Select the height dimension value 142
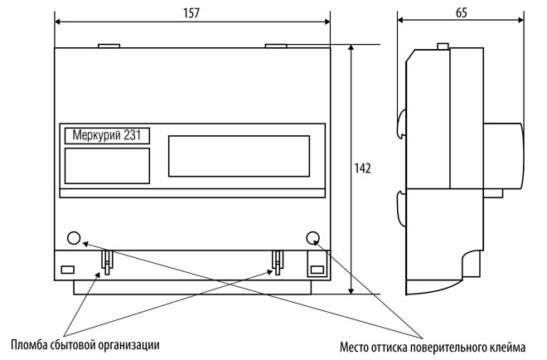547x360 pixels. coord(362,168)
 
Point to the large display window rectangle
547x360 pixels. coord(239,155)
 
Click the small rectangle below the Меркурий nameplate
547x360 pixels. coord(107,165)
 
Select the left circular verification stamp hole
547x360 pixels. coord(74,238)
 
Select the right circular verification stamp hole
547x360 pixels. coord(313,238)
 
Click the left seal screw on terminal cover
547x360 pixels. coord(107,263)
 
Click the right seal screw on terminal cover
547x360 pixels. coord(275,263)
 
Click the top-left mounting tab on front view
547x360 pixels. coord(109,46)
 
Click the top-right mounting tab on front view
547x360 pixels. coord(276,46)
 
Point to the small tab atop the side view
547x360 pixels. coord(443,46)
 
